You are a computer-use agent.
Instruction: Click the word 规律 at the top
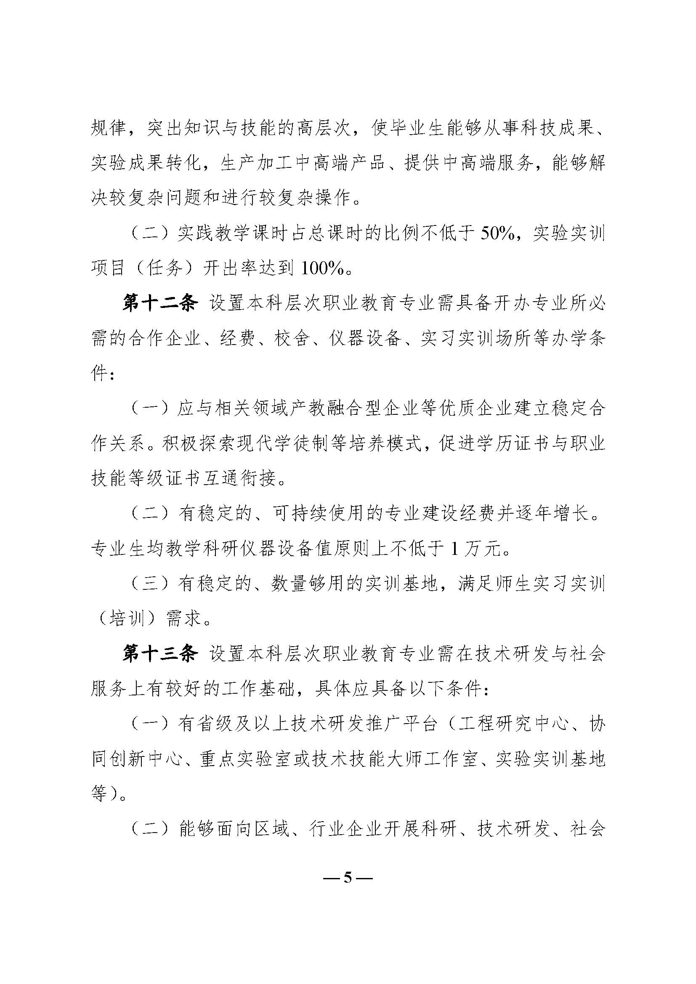[109, 129]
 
